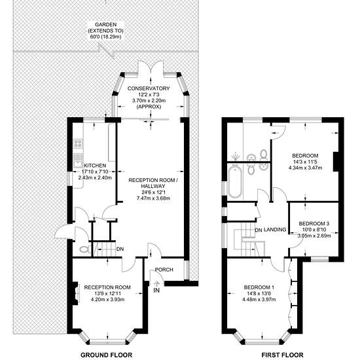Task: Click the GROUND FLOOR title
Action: (x=106, y=355)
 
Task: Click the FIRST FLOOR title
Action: (x=282, y=355)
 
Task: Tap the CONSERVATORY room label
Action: (x=149, y=88)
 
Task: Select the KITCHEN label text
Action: (x=95, y=166)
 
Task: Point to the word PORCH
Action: (x=164, y=270)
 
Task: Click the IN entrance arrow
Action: (x=156, y=284)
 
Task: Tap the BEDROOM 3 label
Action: (x=314, y=223)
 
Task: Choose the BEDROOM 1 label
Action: (x=259, y=287)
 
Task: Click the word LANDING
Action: (x=275, y=230)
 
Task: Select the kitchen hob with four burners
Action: (x=78, y=143)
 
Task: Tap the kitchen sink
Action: (x=78, y=161)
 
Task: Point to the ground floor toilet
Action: (x=84, y=249)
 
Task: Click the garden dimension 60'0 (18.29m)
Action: (x=105, y=37)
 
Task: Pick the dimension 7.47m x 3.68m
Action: (x=153, y=198)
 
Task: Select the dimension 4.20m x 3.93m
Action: (x=108, y=299)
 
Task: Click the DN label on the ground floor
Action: (x=120, y=249)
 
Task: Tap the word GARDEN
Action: (x=105, y=25)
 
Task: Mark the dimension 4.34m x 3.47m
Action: (x=305, y=168)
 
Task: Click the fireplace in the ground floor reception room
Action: (x=75, y=293)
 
